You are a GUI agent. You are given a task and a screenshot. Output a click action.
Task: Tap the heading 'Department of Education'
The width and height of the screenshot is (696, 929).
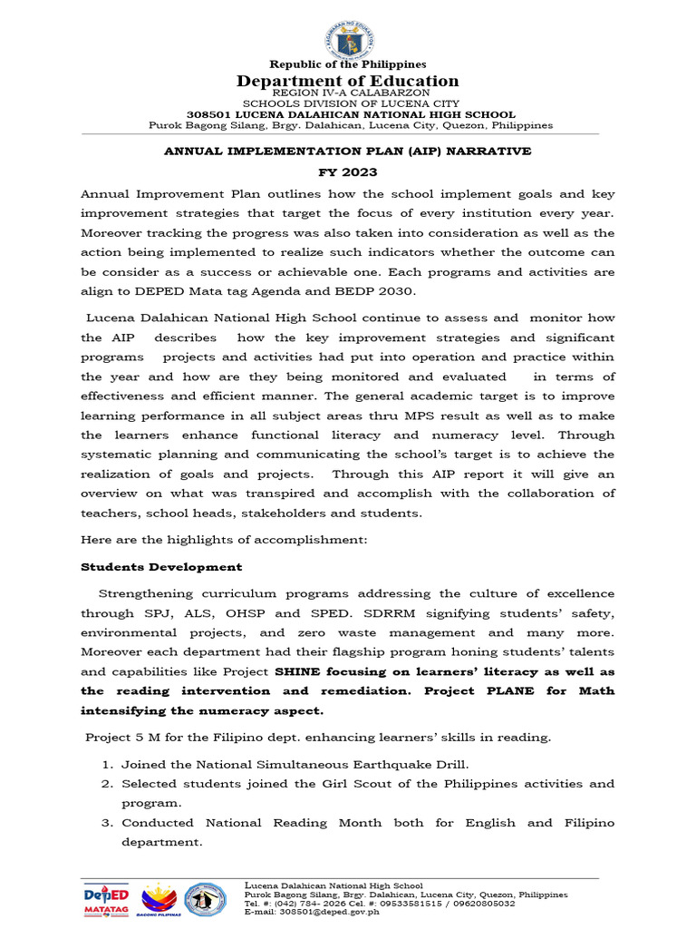point(348,82)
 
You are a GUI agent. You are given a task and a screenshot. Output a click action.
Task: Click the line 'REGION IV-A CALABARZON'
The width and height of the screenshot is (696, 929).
point(348,93)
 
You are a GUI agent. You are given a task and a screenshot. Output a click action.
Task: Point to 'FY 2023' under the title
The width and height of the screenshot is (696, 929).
point(348,172)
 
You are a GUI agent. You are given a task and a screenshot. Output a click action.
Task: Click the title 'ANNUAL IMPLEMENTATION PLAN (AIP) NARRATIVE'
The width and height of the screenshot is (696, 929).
point(348,151)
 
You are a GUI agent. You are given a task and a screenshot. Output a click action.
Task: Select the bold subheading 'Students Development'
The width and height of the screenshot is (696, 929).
point(161,567)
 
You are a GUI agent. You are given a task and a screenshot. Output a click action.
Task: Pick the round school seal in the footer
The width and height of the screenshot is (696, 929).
point(206,898)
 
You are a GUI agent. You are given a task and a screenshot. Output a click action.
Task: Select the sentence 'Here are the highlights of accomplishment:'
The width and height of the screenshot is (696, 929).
point(223,540)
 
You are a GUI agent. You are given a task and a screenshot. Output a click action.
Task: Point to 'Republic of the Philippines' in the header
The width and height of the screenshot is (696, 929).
point(348,64)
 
